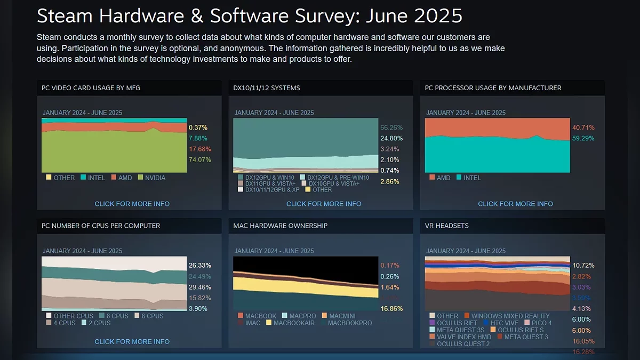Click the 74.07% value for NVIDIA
coord(200,159)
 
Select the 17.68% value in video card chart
coord(200,149)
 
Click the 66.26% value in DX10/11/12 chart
coord(391,127)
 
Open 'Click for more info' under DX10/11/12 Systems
coord(324,204)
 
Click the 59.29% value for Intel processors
coord(583,138)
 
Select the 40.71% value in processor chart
coord(583,127)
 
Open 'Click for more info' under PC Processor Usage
coord(515,204)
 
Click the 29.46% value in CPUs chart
coord(200,287)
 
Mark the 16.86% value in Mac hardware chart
coord(391,308)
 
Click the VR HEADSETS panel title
coord(447,226)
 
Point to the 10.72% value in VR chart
coord(583,265)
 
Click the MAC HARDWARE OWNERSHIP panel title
coord(280,226)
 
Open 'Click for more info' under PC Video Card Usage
coord(132,204)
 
